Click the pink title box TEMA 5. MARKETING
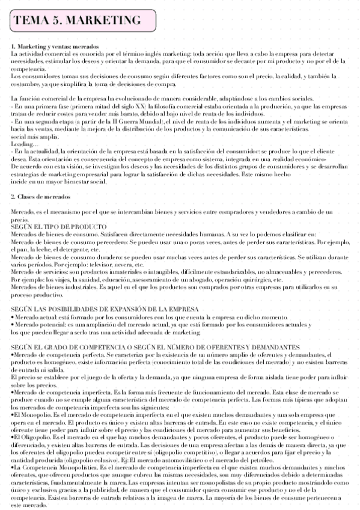click(x=78, y=21)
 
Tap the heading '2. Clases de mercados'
click(x=40, y=197)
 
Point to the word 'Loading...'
click(x=23, y=144)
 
